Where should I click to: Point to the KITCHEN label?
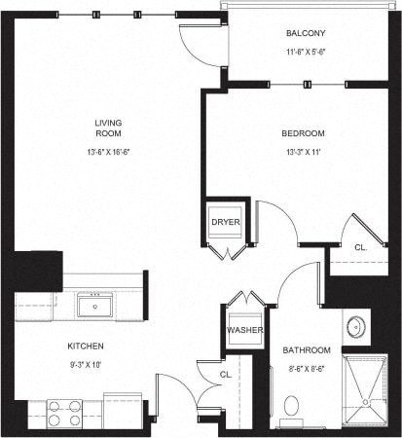click(x=86, y=347)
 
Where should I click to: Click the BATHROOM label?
click(x=307, y=349)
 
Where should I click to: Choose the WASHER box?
click(x=241, y=330)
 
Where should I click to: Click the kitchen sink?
click(x=95, y=308)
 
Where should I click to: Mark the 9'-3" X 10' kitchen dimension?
click(x=86, y=366)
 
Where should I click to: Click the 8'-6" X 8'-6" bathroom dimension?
click(x=307, y=368)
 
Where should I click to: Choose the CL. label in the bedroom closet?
click(x=358, y=247)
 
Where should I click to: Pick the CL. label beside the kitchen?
click(x=224, y=374)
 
